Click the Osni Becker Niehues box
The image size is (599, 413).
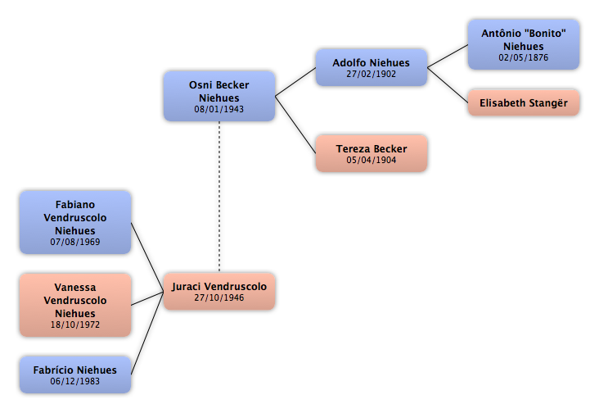[219, 96]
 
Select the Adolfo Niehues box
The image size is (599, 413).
[372, 67]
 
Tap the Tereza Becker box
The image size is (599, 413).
[372, 153]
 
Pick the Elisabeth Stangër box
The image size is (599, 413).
[524, 103]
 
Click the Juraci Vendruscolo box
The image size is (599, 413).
[219, 292]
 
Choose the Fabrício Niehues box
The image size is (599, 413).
[75, 374]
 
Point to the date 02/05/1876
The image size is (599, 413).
[524, 57]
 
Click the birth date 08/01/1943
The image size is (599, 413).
[218, 109]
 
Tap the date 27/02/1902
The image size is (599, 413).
[372, 75]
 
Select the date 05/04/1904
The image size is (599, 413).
[372, 161]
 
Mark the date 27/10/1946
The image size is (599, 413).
[218, 298]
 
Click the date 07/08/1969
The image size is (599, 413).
[75, 242]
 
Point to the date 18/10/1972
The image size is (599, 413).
[75, 324]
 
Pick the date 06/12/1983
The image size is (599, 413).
[75, 381]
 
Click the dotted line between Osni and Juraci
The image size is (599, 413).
[219, 197]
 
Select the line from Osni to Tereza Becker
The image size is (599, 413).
[295, 125]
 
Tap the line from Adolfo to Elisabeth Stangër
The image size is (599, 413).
[448, 85]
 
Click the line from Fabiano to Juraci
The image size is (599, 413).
[147, 257]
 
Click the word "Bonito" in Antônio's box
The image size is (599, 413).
[545, 34]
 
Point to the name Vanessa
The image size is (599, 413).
[75, 287]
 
